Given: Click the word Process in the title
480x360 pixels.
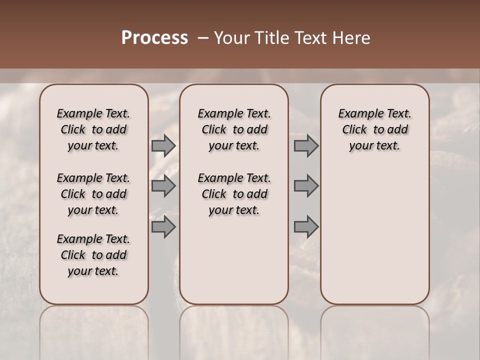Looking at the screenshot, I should tap(154, 38).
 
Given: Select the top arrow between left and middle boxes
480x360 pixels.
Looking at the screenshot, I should tap(163, 145).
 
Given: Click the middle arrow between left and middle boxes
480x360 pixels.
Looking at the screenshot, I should tap(163, 186).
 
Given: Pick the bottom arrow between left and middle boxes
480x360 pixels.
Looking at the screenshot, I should tap(163, 227).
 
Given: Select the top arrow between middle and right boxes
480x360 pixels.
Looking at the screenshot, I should tap(306, 145).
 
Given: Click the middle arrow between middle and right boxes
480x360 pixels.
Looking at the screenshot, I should tap(306, 186).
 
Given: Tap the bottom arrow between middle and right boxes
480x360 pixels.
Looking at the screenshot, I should tap(306, 227).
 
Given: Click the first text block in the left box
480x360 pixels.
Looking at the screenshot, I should tap(93, 129).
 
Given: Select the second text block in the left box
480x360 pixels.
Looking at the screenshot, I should tap(93, 194).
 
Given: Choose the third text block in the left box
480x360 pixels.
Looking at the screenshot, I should tap(93, 255).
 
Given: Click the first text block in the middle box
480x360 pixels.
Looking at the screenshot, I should tap(234, 129).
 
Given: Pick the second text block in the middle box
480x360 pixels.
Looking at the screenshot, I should tap(234, 194).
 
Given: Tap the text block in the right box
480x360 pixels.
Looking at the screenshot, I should tap(374, 129).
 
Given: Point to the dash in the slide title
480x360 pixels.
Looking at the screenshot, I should tap(203, 38).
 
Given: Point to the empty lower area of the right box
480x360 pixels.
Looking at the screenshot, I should tap(374, 235).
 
